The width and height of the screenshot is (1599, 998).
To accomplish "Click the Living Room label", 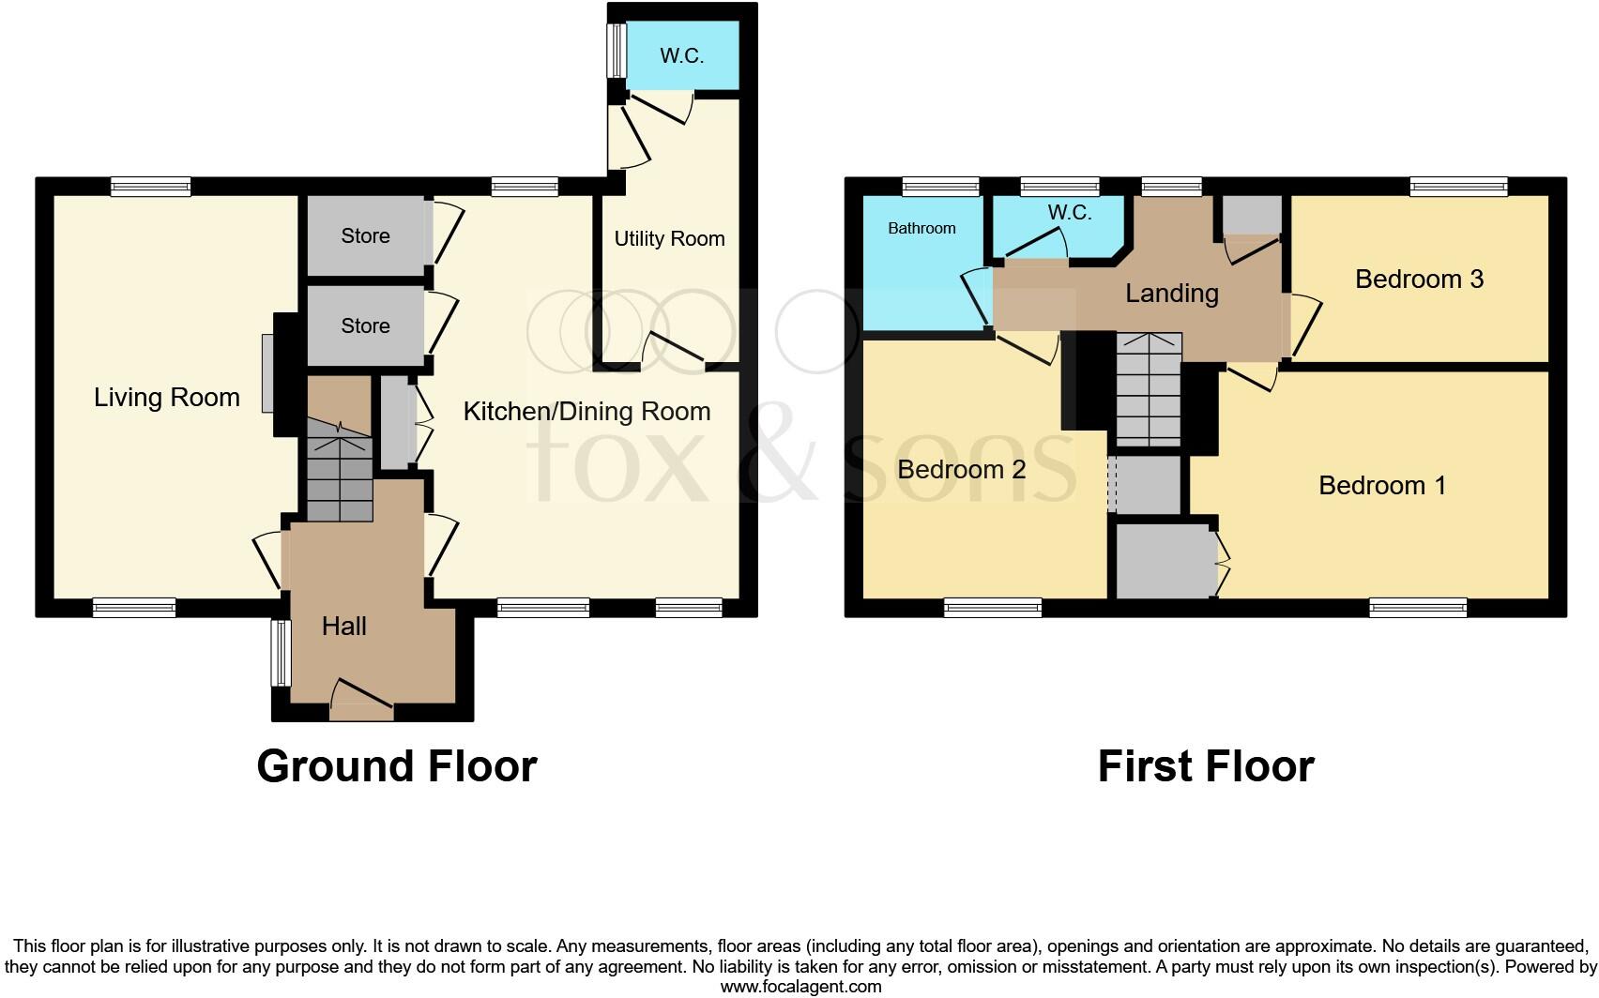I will tap(167, 398).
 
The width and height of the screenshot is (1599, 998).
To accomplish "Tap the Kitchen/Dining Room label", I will tap(586, 412).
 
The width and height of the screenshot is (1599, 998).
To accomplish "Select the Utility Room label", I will tap(669, 239).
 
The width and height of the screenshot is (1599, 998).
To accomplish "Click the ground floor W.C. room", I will tap(682, 56).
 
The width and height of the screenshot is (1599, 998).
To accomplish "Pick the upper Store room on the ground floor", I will tap(365, 236).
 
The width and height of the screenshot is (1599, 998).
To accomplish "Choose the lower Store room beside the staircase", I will tap(365, 326).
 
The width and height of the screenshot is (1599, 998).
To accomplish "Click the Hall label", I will tap(343, 627).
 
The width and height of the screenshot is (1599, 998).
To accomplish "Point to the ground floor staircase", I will tap(338, 474).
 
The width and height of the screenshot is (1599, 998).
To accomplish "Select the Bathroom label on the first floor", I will tap(921, 228).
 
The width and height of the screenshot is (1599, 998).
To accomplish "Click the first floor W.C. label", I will tap(1070, 213).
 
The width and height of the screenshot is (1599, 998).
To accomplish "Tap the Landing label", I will tap(1171, 294).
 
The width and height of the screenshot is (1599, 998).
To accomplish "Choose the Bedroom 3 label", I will tap(1419, 280).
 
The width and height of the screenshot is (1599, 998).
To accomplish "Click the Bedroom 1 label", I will tap(1381, 486).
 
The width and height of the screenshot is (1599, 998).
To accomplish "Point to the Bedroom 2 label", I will tap(961, 470).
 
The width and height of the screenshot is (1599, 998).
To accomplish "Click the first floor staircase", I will tap(1148, 390).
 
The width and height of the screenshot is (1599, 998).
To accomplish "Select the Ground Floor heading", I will tap(396, 766).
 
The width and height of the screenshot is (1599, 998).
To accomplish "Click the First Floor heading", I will tap(1205, 766).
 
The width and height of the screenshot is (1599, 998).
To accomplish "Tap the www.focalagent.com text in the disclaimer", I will tap(800, 987).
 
